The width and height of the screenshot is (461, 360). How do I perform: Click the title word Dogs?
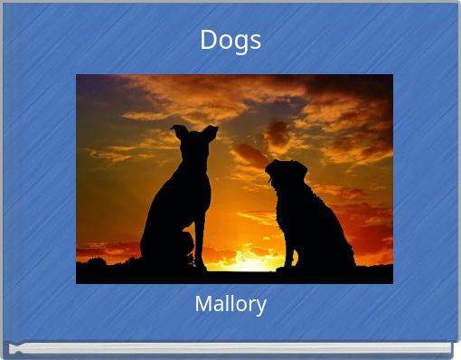coord(230,40)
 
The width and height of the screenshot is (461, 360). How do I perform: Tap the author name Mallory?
coord(230,304)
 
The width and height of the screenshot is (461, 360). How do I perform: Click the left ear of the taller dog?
coord(179,131)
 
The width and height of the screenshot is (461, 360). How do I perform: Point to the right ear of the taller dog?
coord(210,132)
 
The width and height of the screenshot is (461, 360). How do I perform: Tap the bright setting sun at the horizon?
coord(246,262)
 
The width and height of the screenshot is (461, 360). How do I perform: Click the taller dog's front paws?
coord(200,266)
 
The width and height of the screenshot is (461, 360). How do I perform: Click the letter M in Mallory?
coord(202,304)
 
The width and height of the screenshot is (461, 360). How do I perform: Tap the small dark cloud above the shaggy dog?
coord(277,136)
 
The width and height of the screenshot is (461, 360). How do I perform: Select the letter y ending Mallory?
coord(260,306)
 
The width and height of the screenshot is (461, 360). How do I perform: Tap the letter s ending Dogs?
coord(256,41)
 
